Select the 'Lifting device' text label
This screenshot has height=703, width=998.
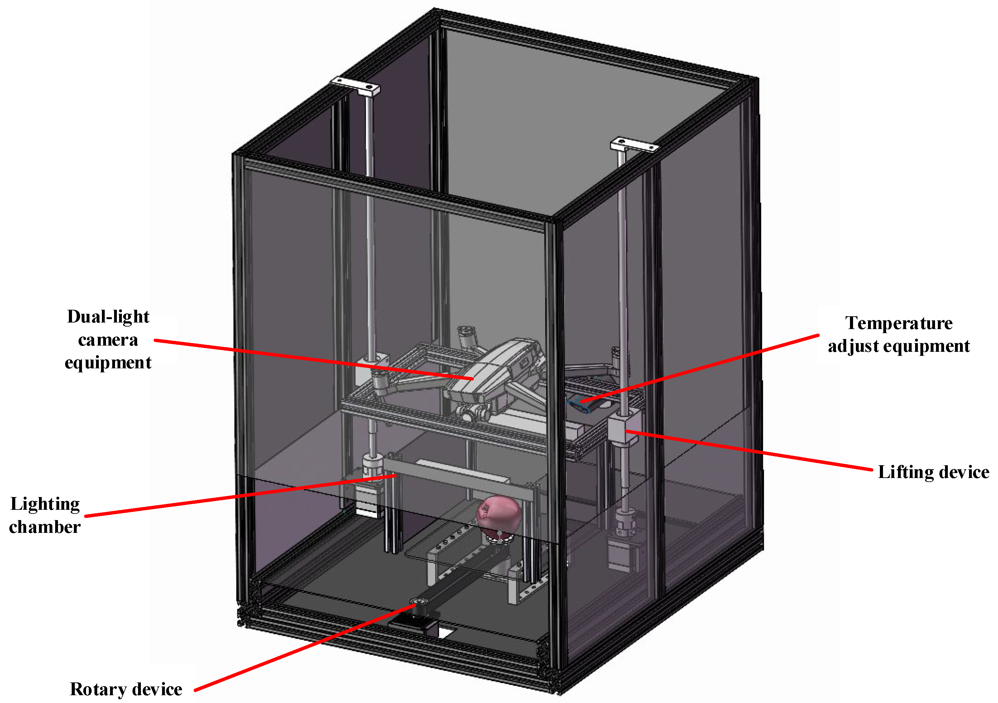tap(933, 472)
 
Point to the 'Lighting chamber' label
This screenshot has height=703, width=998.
tap(45, 515)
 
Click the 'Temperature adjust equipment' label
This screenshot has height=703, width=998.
tap(899, 335)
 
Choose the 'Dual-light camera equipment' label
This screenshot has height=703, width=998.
tap(108, 340)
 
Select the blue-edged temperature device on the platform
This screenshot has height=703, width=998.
tap(583, 405)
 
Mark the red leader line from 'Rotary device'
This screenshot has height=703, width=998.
tap(304, 648)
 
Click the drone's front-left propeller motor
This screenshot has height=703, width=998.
tap(380, 382)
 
